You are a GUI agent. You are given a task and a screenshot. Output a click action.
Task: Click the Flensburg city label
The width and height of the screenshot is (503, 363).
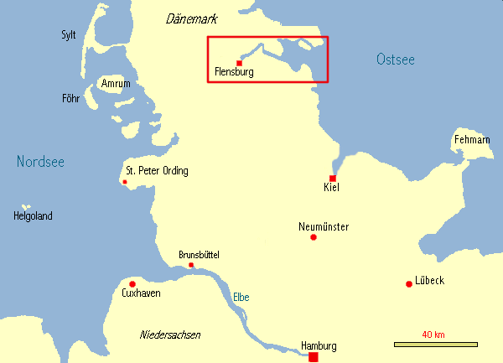click(234, 73)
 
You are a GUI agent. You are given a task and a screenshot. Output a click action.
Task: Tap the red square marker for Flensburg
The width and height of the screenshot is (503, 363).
click(240, 63)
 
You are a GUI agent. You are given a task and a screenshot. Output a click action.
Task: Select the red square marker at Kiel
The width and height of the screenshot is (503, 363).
click(333, 179)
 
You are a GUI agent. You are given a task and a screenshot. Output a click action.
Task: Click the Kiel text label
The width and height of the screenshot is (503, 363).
click(331, 189)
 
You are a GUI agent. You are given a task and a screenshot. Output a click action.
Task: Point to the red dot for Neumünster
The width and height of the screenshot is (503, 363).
click(314, 237)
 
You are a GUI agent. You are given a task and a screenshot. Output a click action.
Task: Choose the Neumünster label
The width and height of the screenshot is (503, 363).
click(324, 226)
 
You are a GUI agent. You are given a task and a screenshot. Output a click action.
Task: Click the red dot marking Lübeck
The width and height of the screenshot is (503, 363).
click(408, 283)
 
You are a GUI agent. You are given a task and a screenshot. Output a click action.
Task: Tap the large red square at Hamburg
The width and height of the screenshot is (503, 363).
click(314, 357)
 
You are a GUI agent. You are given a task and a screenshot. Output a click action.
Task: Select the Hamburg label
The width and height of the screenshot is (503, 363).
click(319, 346)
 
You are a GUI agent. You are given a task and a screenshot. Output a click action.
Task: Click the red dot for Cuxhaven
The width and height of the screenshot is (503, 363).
click(132, 284)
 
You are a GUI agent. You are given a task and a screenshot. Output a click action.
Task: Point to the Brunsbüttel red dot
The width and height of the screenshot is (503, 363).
click(191, 266)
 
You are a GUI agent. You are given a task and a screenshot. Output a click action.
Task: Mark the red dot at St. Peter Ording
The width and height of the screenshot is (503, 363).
click(125, 182)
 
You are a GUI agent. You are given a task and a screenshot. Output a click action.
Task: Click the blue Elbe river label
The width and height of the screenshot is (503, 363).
click(241, 297)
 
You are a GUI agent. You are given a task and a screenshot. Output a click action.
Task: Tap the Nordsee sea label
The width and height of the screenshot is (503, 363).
click(40, 163)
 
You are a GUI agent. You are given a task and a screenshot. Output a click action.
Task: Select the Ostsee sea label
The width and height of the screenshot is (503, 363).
click(396, 59)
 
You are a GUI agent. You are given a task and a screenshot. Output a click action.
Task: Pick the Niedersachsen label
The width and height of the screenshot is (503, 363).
click(169, 334)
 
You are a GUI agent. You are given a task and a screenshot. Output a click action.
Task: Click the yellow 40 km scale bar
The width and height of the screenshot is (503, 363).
click(435, 344)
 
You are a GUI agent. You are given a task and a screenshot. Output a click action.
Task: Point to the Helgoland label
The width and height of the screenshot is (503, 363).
click(33, 215)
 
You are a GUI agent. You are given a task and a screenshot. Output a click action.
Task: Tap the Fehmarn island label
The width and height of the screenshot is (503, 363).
click(471, 138)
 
